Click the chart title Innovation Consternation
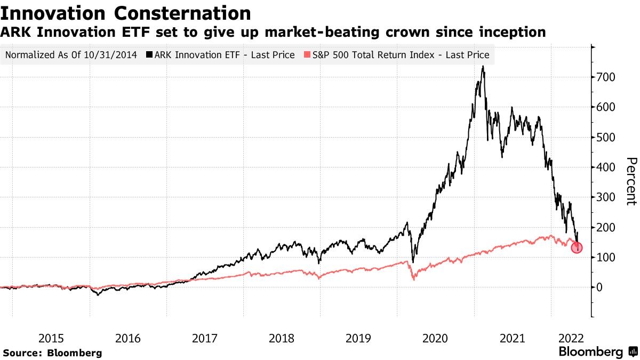tap(126, 13)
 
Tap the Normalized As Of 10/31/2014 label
tap(71, 55)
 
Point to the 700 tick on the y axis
tap(605, 77)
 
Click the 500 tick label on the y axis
tap(605, 137)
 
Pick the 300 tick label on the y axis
tap(605, 197)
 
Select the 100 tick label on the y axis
tap(605, 258)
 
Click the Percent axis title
tap(631, 181)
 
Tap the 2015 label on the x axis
tap(51, 338)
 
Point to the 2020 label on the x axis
tap(435, 338)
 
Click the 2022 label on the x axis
tap(571, 338)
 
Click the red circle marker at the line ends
tap(577, 247)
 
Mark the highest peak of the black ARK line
tap(483, 67)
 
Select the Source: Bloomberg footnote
tap(52, 353)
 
